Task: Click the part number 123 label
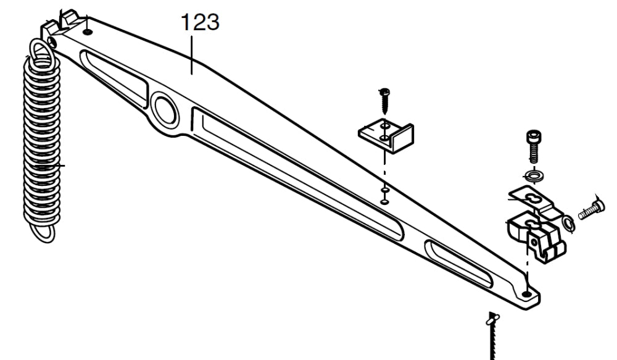point(199,22)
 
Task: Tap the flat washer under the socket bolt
point(533,176)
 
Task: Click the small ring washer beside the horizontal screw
point(568,224)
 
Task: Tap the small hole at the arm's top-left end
point(88,31)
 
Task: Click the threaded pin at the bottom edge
point(493,337)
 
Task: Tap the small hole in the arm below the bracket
point(384,199)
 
